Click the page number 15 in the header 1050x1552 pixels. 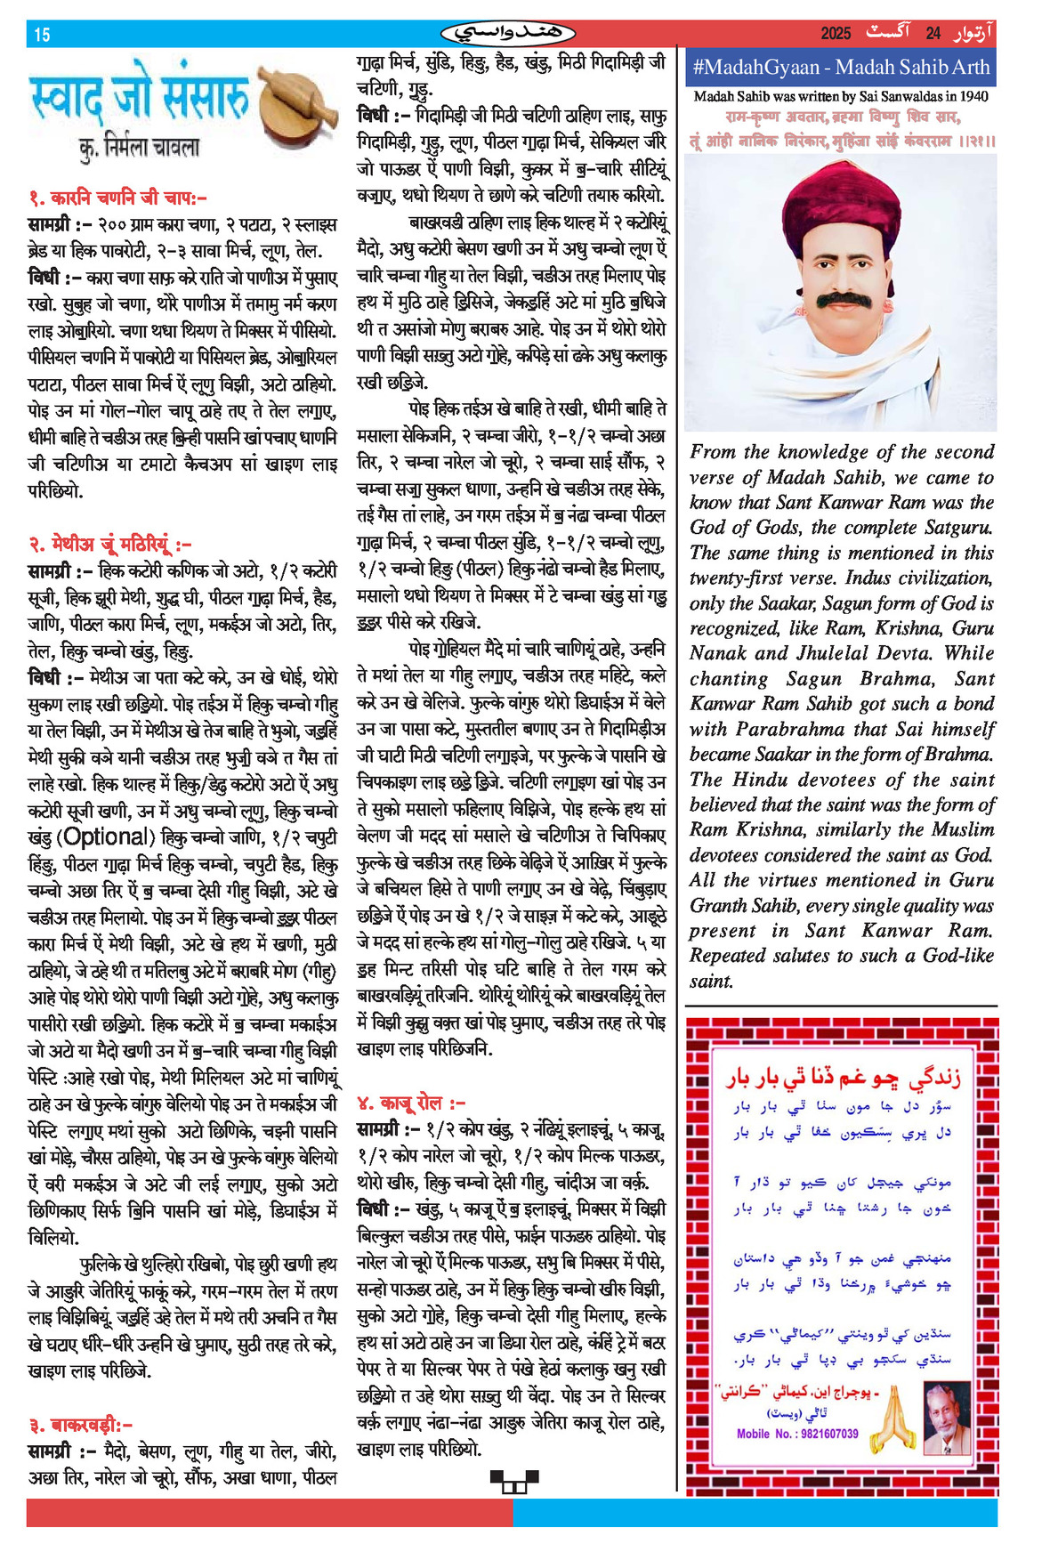pos(42,35)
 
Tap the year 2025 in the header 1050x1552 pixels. pos(836,34)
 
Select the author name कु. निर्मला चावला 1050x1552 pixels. pos(140,147)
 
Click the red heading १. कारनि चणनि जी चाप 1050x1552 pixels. pos(117,198)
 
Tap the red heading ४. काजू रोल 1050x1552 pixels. pos(411,1103)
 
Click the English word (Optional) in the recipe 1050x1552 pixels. pos(104,837)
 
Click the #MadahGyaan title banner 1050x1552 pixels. pos(840,67)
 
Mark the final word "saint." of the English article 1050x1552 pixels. pos(711,982)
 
